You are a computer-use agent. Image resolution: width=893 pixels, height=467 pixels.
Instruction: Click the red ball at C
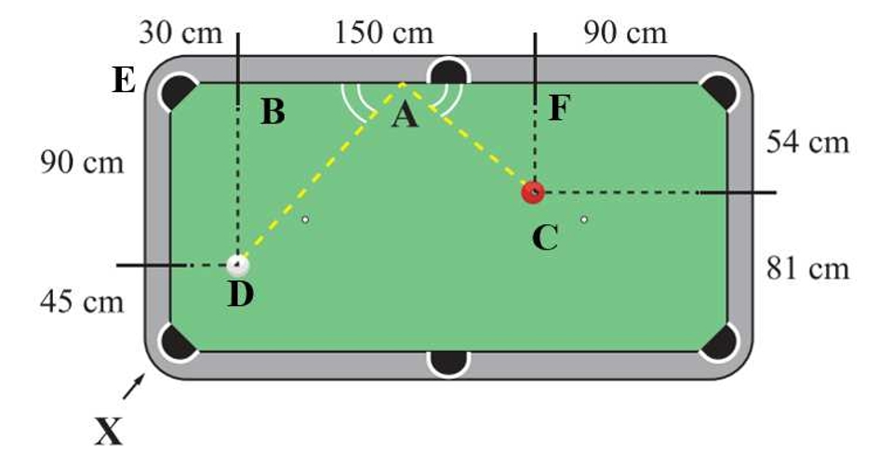coord(533,193)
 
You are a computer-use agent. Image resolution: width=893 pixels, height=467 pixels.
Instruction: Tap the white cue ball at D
coord(238,265)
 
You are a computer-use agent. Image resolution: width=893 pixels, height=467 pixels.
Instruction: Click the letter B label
coord(273,112)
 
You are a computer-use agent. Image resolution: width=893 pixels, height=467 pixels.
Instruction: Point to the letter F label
coord(559,108)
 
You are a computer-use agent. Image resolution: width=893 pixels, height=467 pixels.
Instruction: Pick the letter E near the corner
coord(124,80)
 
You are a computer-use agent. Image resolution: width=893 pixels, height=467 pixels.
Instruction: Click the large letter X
coord(108,431)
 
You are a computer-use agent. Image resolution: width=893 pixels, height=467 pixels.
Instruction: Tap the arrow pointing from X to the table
coord(133,386)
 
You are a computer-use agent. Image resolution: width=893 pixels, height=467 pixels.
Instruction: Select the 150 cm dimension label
coord(383,33)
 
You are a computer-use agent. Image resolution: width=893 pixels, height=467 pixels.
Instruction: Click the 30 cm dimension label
coord(180,33)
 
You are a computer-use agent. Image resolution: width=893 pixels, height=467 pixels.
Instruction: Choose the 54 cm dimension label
coord(807,141)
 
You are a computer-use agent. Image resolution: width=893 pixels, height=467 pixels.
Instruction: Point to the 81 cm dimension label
coord(807,268)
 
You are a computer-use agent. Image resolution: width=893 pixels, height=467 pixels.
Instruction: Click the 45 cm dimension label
coord(82,301)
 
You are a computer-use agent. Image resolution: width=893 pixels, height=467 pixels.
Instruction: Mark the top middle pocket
coord(448,73)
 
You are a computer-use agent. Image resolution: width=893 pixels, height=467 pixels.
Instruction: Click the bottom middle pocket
coord(448,363)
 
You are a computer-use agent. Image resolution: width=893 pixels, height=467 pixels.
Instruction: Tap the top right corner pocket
coord(719,92)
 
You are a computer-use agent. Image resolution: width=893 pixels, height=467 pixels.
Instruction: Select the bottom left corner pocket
coord(178,341)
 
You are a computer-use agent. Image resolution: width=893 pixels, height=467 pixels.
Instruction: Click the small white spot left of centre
coord(305,219)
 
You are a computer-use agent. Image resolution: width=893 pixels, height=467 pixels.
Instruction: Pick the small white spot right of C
coord(584,219)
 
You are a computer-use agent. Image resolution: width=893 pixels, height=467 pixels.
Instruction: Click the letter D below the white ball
coord(240,295)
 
